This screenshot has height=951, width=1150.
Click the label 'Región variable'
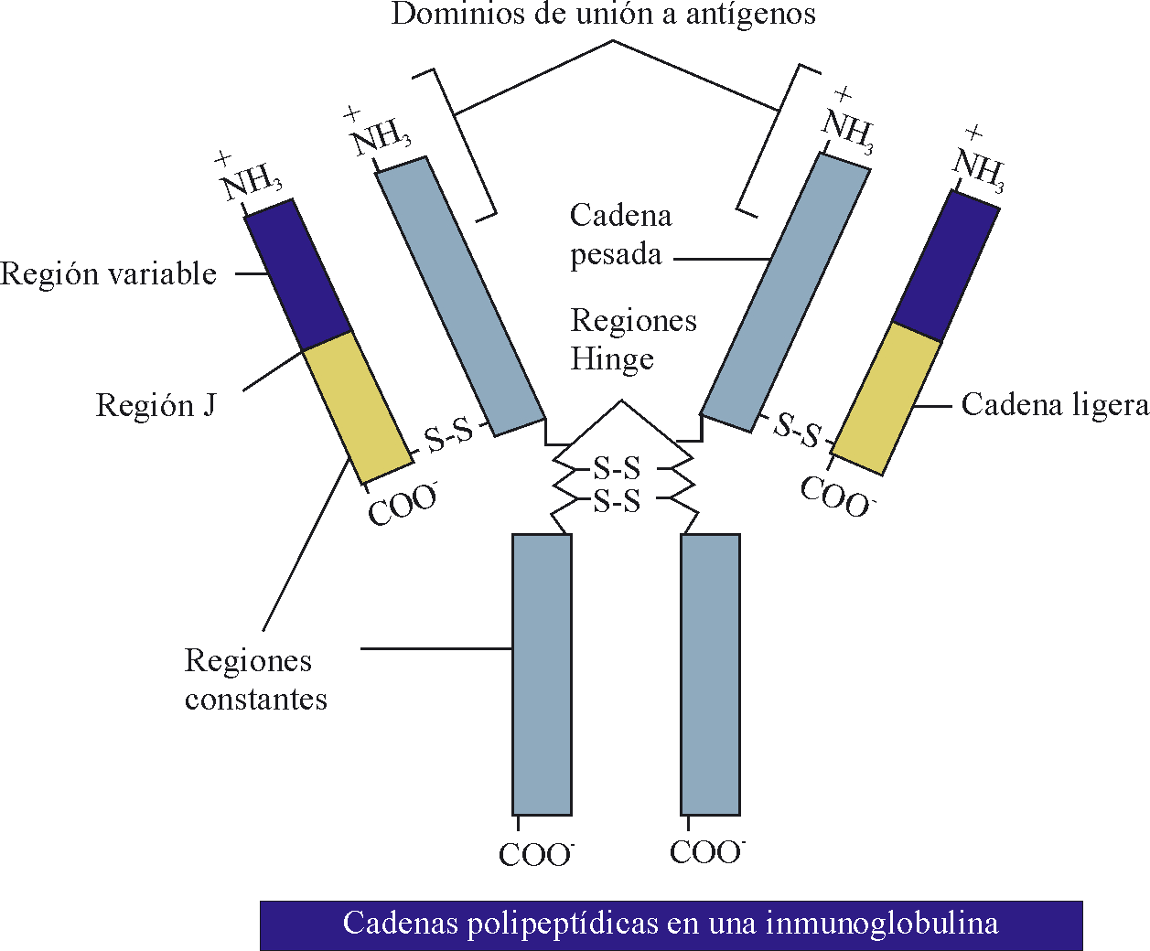click(x=109, y=274)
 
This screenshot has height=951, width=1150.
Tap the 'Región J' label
click(x=156, y=405)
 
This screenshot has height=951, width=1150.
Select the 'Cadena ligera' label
click(x=1054, y=405)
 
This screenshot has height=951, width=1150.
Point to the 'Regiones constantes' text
click(x=255, y=679)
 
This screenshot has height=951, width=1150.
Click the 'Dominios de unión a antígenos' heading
click(x=603, y=15)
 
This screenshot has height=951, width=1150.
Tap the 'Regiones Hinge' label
click(x=632, y=339)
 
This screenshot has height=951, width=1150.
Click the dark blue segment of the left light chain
click(x=298, y=274)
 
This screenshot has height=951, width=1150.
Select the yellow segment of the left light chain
click(x=357, y=407)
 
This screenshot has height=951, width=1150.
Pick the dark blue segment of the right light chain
click(x=946, y=265)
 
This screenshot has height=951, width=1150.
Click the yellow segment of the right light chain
click(x=887, y=399)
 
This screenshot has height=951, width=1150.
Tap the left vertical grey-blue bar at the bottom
click(x=542, y=674)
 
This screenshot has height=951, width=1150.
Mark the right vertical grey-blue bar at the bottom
click(x=710, y=674)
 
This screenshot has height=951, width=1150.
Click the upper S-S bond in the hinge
click(x=617, y=468)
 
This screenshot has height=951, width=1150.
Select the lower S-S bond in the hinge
click(x=617, y=501)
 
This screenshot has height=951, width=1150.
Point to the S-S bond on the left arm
click(x=449, y=435)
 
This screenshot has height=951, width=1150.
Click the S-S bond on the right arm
click(x=798, y=430)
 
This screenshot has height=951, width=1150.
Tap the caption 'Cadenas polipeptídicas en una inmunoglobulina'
click(x=671, y=924)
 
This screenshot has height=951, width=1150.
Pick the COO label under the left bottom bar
click(x=535, y=855)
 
